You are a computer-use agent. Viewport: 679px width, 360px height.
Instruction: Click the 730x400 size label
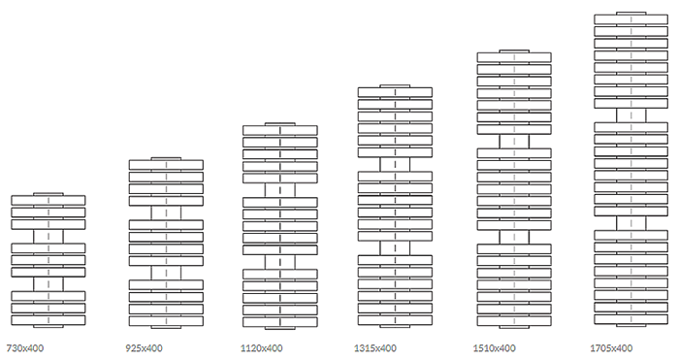point(25,347)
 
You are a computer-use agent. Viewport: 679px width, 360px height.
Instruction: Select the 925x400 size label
point(144,347)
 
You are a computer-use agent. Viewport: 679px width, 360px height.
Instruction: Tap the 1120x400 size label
point(262,347)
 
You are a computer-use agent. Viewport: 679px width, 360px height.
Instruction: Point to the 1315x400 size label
point(375,347)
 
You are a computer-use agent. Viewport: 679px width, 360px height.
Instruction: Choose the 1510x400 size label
point(494,347)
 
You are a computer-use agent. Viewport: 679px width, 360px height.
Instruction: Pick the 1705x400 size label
point(611,347)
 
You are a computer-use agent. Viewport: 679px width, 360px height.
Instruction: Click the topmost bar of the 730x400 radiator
point(48,200)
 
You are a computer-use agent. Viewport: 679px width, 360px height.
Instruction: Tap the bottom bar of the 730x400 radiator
point(48,320)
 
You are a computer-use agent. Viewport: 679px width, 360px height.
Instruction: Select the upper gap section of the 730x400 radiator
point(48,237)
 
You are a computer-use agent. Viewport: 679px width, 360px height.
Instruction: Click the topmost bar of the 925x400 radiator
point(166,165)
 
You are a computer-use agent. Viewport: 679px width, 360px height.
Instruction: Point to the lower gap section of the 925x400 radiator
point(166,273)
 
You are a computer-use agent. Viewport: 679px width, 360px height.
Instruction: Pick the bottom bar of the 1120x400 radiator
point(279,322)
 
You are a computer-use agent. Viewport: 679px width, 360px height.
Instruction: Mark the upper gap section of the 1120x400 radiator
point(279,190)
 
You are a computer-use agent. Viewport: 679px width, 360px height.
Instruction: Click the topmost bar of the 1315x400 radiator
point(395,92)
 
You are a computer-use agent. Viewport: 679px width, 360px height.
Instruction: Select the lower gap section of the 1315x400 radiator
point(395,248)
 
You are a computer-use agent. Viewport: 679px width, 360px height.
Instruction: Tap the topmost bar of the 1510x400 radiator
point(514,57)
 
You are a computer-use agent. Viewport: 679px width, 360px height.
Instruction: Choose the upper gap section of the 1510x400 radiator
point(514,142)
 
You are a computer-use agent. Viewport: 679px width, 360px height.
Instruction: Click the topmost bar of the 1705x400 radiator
point(630,19)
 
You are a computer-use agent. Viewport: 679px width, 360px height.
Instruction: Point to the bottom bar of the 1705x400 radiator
point(630,319)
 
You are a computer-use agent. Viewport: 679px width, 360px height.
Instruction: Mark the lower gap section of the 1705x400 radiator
point(630,223)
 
